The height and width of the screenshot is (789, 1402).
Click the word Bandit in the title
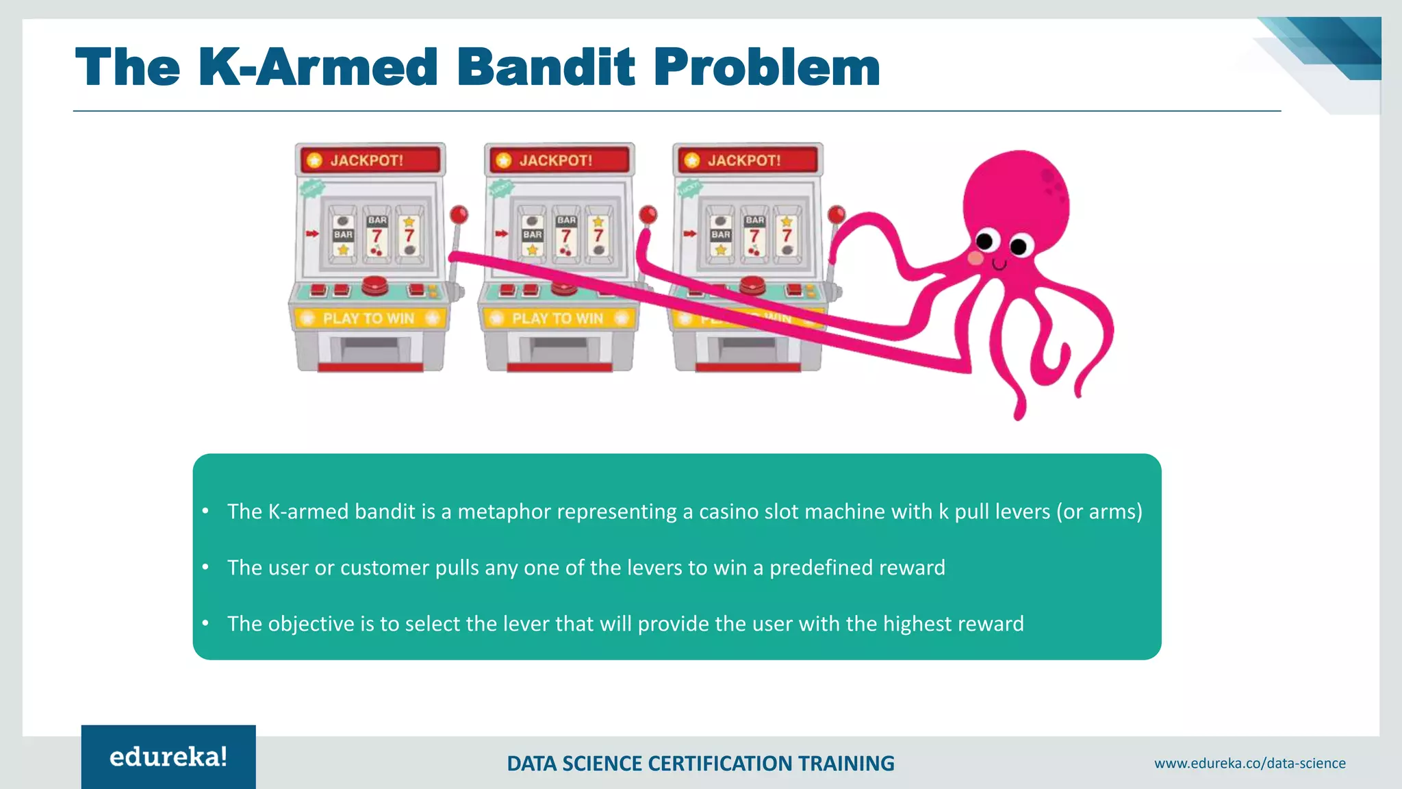[x=546, y=67]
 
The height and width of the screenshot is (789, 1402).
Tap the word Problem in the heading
[x=767, y=67]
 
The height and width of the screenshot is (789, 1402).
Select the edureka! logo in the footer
[x=168, y=757]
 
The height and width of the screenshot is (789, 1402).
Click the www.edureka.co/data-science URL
[x=1249, y=763]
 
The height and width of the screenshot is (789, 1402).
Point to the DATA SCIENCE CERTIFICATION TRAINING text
[x=700, y=763]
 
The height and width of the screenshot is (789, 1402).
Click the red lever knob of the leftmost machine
[x=459, y=214]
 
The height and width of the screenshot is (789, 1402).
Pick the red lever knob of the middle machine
[x=648, y=214]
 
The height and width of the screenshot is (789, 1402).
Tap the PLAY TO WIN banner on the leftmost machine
[x=369, y=318]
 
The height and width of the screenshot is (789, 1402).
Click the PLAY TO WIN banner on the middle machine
[x=557, y=318]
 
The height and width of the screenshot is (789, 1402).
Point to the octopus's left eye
[x=984, y=241]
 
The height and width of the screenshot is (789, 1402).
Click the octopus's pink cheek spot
[x=976, y=258]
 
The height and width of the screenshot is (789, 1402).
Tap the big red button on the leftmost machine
[x=374, y=284]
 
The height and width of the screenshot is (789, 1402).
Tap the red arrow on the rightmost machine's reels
[x=689, y=234]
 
